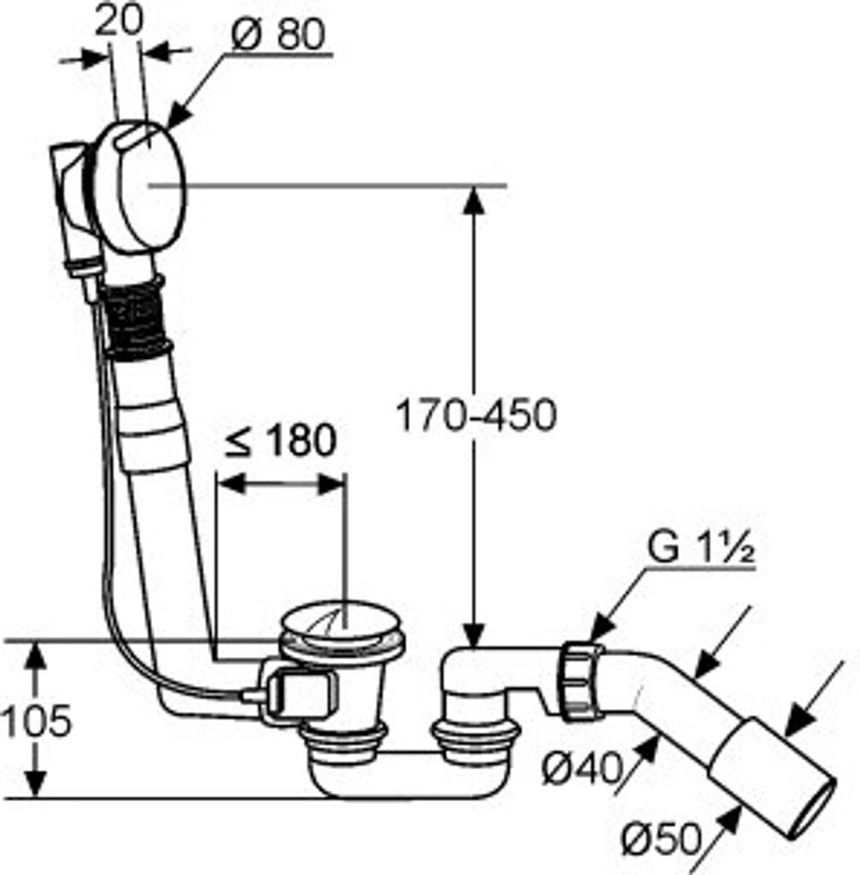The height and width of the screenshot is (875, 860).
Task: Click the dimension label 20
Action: [120, 21]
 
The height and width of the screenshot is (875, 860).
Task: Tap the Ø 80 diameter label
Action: [278, 34]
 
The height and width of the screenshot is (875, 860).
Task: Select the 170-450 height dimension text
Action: [476, 414]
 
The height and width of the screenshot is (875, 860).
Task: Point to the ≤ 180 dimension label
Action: [280, 440]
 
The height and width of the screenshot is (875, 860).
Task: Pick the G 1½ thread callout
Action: [700, 549]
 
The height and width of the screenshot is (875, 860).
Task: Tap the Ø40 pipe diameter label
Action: [582, 769]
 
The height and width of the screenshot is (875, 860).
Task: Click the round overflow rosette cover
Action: [150, 187]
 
